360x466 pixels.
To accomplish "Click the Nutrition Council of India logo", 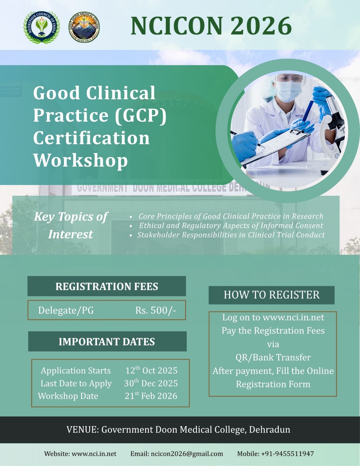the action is pyautogui.click(x=42, y=27).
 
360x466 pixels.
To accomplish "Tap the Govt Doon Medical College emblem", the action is pyautogui.click(x=84, y=27).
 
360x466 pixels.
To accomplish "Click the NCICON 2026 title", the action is pyautogui.click(x=211, y=26).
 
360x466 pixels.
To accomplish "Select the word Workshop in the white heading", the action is pyautogui.click(x=81, y=160).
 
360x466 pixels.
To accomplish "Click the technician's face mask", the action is pyautogui.click(x=289, y=91).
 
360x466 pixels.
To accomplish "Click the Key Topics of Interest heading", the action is pyautogui.click(x=71, y=225).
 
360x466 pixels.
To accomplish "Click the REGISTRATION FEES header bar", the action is pyautogui.click(x=107, y=286).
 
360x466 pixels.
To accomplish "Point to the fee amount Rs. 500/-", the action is pyautogui.click(x=156, y=310).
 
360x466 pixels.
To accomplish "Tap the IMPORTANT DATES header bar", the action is pyautogui.click(x=107, y=341).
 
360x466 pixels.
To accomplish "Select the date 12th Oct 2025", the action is pyautogui.click(x=151, y=370).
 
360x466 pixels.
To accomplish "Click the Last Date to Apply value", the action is pyautogui.click(x=151, y=383).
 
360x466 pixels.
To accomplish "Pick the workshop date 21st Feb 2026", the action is pyautogui.click(x=151, y=396).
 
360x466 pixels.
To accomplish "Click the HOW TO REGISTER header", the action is pyautogui.click(x=271, y=295).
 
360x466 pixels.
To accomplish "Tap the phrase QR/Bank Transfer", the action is pyautogui.click(x=273, y=357).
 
